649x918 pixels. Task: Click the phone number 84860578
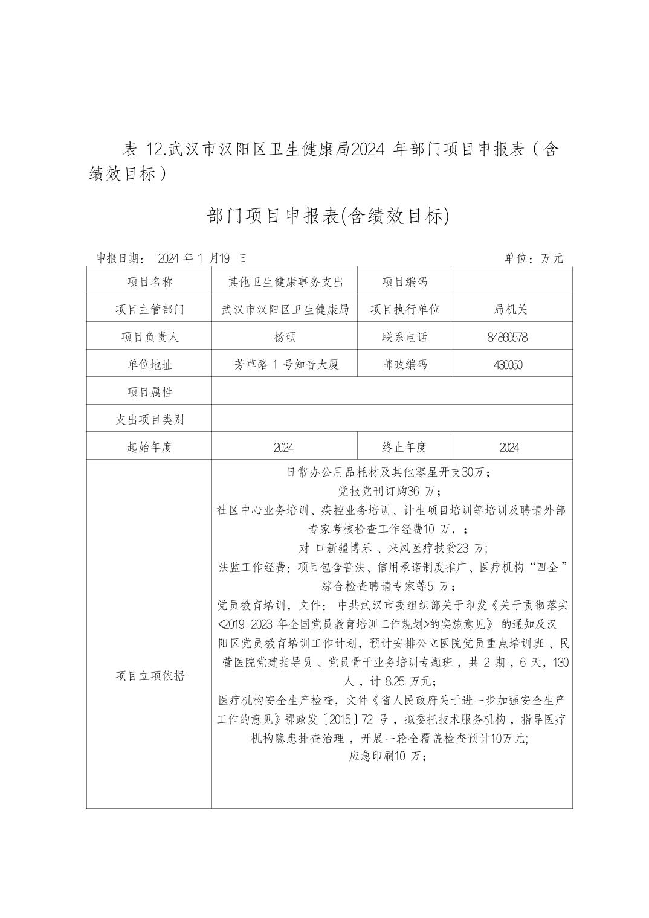pos(507,337)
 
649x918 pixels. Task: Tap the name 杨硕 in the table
pos(285,337)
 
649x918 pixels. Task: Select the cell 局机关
pos(510,309)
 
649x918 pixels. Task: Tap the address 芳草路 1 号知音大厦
pos(286,364)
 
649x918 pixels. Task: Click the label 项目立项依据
pos(149,676)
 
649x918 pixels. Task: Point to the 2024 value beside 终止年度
pos(509,448)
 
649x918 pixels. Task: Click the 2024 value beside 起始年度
pos(283,448)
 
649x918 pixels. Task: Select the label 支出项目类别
pos(149,420)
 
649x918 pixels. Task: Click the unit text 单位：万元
pos(534,258)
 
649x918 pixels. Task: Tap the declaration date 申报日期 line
pos(172,258)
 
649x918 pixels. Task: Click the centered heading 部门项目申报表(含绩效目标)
pos(328,216)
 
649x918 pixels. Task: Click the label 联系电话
pos(404,337)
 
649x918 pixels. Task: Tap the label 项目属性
pos(149,392)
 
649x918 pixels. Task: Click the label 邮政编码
pos(404,364)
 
